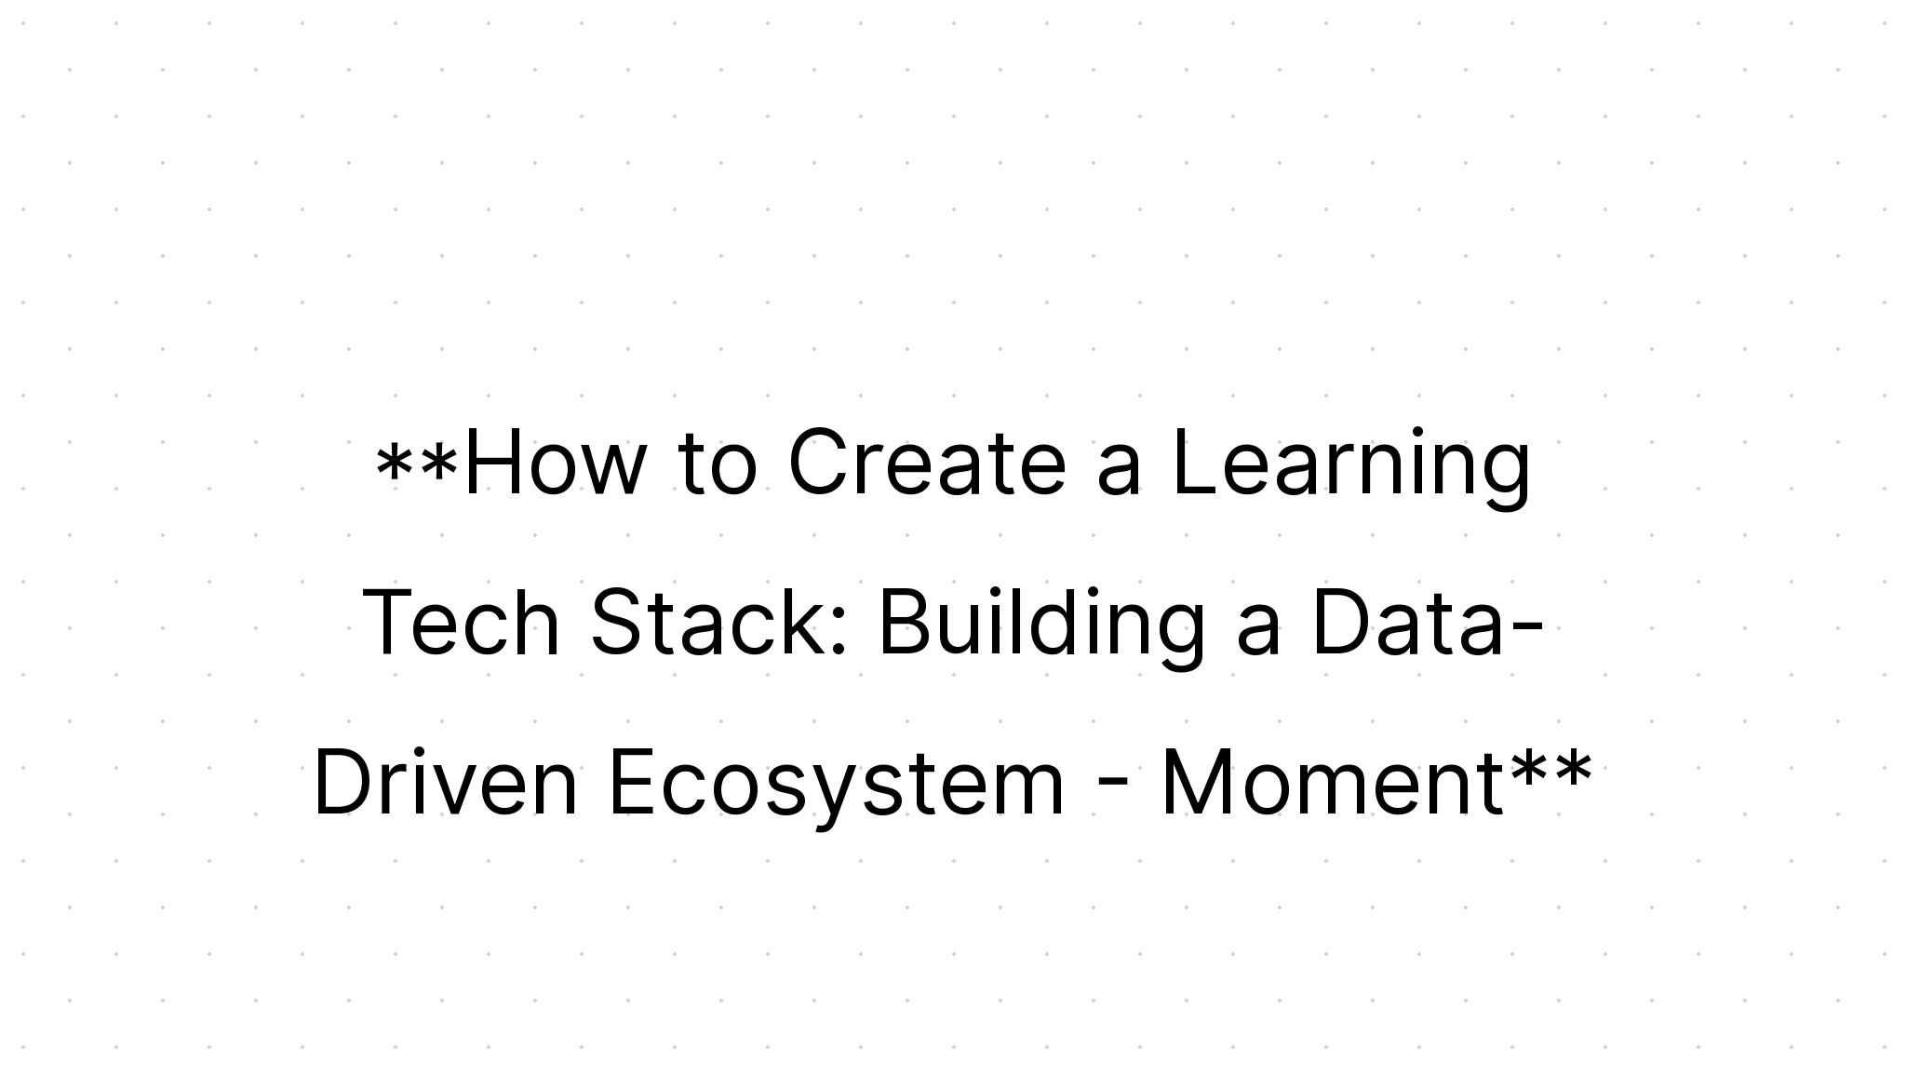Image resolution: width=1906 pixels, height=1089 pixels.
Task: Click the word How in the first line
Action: tap(554, 463)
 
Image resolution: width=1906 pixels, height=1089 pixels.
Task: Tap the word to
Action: tap(718, 463)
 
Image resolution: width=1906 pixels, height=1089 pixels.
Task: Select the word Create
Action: tap(926, 463)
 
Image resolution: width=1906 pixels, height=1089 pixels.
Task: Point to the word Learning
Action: tap(1350, 463)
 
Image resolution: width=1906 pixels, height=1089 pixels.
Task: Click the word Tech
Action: tap(462, 623)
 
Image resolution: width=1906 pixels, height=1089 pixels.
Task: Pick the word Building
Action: tap(1040, 623)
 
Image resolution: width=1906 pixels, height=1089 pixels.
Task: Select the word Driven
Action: tap(446, 783)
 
